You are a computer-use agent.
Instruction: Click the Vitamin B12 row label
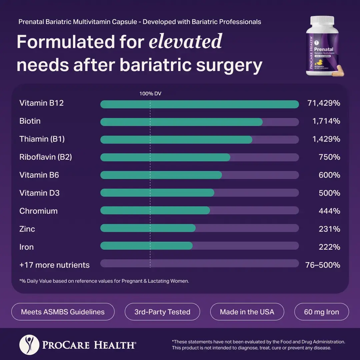pos(41,103)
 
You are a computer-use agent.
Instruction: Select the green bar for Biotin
pos(181,122)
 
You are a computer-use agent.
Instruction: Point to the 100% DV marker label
pos(150,94)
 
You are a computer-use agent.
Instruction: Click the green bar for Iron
pos(146,246)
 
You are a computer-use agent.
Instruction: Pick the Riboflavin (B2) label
pos(46,157)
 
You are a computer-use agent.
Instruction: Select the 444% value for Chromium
pos(329,211)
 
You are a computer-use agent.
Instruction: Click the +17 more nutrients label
pos(54,265)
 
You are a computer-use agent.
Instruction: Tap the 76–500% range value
pos(323,265)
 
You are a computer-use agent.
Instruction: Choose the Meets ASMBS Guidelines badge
pos(63,312)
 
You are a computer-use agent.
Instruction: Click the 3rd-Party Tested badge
pos(162,312)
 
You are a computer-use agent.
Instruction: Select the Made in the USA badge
pos(247,312)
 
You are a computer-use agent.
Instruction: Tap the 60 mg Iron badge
pos(321,312)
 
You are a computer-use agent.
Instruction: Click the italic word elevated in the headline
pos(185,42)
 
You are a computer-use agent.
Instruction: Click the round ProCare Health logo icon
pos(28,344)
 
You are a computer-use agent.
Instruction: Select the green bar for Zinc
pos(148,228)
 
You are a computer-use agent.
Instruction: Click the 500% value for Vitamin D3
pos(329,193)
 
